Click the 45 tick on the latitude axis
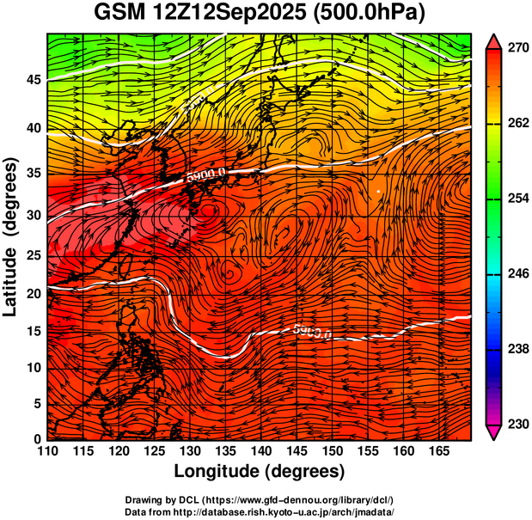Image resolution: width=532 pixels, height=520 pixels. [34, 80]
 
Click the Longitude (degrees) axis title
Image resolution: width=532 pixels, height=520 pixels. [260, 471]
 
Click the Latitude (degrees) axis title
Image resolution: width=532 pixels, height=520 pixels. [12, 236]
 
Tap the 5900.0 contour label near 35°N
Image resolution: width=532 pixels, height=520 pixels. [206, 174]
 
